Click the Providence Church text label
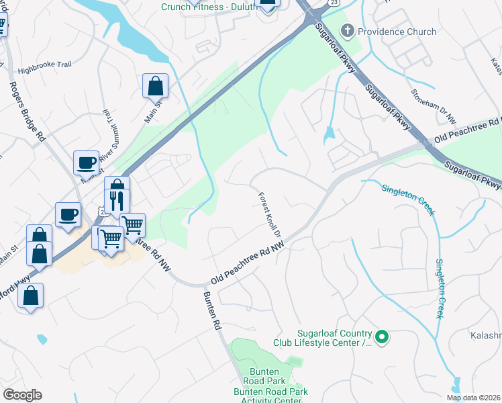click(x=397, y=32)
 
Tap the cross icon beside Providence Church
click(x=347, y=31)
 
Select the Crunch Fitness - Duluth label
click(x=204, y=7)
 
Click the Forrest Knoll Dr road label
click(x=270, y=216)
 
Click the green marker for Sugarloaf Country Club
click(x=382, y=337)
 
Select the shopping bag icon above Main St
click(x=155, y=85)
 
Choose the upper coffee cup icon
click(x=86, y=162)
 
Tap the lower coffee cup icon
click(x=68, y=214)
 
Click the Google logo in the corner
click(x=22, y=395)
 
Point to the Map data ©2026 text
click(x=473, y=398)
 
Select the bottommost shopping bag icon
click(x=30, y=296)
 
